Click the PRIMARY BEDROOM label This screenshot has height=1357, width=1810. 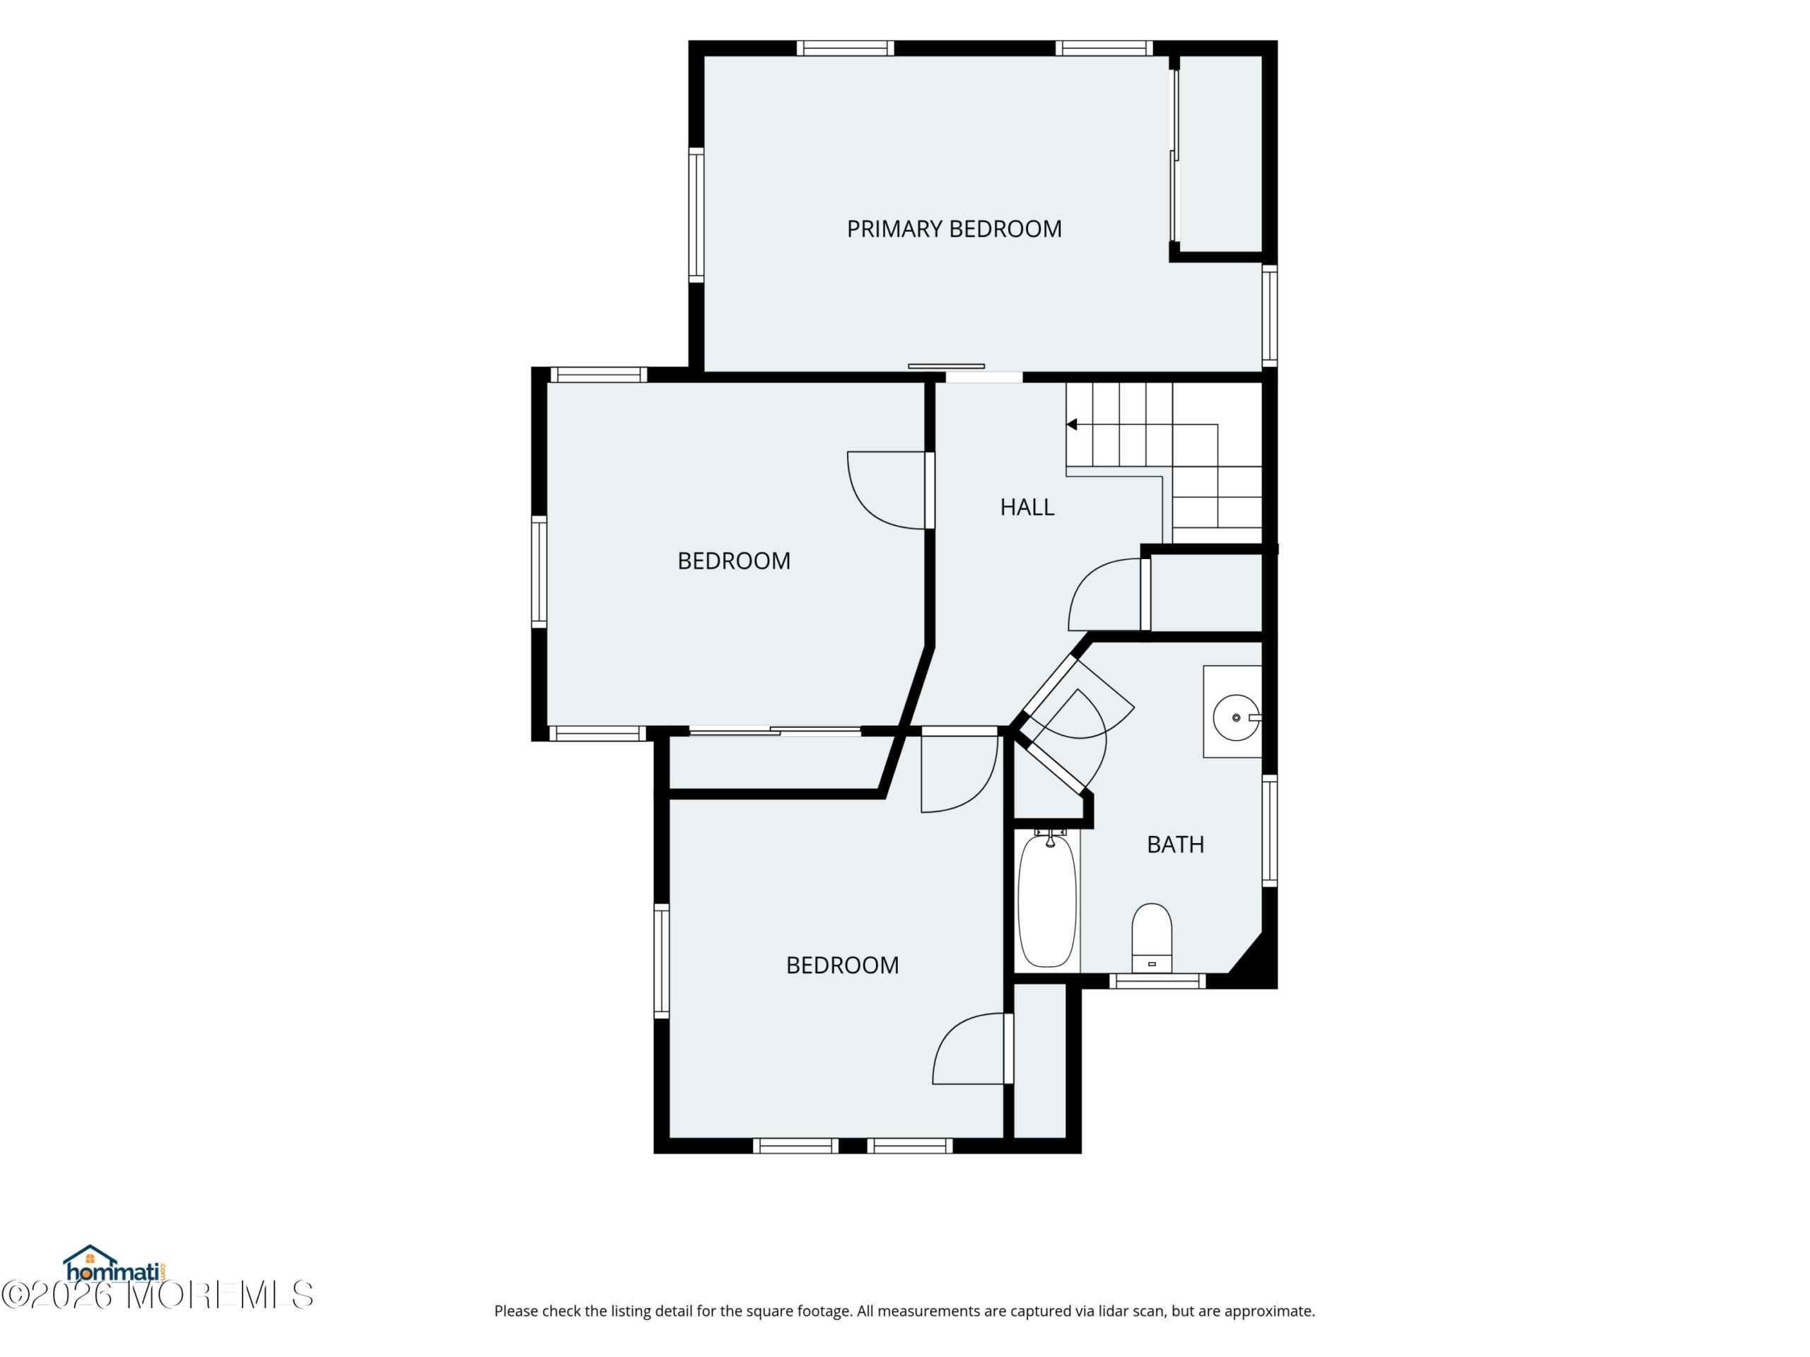pyautogui.click(x=954, y=229)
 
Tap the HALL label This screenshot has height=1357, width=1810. pyautogui.click(x=1027, y=507)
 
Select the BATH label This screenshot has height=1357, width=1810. pyautogui.click(x=1175, y=844)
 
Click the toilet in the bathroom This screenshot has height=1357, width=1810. pyautogui.click(x=1151, y=938)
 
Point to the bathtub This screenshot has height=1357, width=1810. pyautogui.click(x=1046, y=900)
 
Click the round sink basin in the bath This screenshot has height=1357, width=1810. pyautogui.click(x=1236, y=717)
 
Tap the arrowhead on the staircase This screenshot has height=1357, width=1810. pyautogui.click(x=1071, y=425)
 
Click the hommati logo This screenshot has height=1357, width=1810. pyautogui.click(x=115, y=1264)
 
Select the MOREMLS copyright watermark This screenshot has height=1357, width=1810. pyautogui.click(x=157, y=1295)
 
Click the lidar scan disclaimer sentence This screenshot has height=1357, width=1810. pyautogui.click(x=904, y=1311)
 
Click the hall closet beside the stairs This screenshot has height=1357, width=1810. pyautogui.click(x=1206, y=593)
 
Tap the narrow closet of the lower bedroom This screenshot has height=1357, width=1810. pyautogui.click(x=1040, y=1060)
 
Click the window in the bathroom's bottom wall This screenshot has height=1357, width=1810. pyautogui.click(x=1157, y=981)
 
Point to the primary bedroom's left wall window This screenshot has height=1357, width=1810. pyautogui.click(x=696, y=215)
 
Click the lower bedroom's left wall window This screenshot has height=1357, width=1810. pyautogui.click(x=661, y=961)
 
